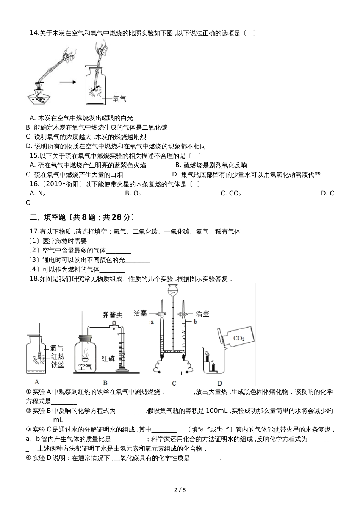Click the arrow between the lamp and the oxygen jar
(68, 81)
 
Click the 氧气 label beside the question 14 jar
(119, 99)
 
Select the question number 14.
(34, 33)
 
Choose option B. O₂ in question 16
(133, 194)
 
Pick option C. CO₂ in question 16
(230, 194)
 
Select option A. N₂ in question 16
(37, 194)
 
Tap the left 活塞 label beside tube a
(140, 313)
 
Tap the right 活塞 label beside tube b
(202, 314)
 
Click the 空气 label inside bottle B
(85, 367)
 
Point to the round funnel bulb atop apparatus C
(173, 289)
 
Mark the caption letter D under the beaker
(220, 383)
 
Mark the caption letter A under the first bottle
(37, 382)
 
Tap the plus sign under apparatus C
(181, 373)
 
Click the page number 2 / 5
(180, 490)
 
